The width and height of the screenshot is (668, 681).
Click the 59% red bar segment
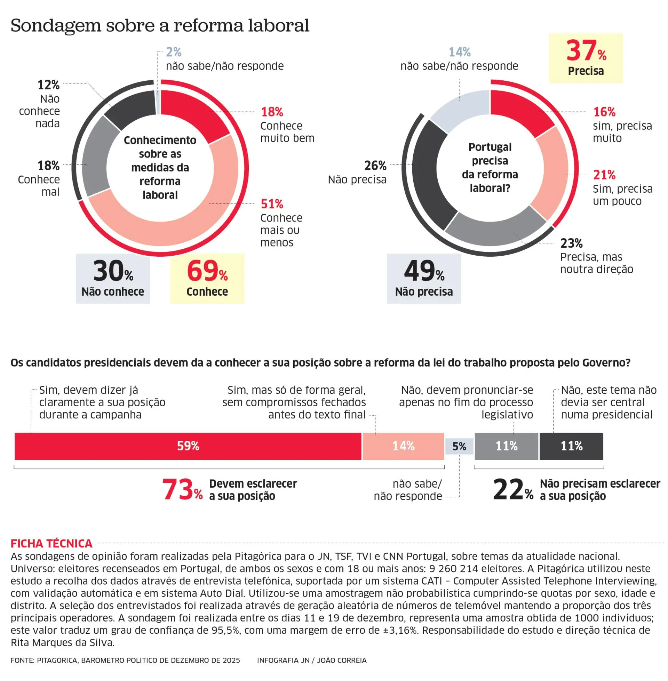[188, 446]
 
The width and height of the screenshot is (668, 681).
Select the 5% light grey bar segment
[459, 446]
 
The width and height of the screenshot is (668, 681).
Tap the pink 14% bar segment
[403, 446]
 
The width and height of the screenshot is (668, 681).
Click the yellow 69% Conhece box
[207, 279]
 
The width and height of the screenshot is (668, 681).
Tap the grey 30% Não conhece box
[113, 279]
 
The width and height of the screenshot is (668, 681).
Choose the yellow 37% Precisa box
[586, 58]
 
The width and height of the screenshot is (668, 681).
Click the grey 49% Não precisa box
[423, 279]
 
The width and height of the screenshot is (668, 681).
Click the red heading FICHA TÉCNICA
[51, 543]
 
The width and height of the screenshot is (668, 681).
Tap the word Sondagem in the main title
[55, 26]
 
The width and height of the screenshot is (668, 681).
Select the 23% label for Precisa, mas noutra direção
[571, 243]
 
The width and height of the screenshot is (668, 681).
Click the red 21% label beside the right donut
[604, 175]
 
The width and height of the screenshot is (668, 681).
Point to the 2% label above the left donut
[174, 52]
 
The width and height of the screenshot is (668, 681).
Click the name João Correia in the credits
[342, 660]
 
